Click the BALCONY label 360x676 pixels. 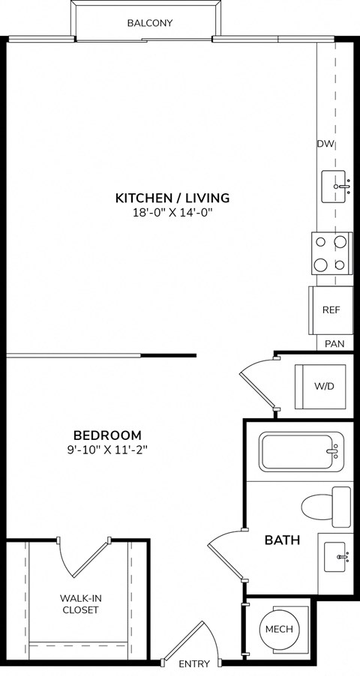149,23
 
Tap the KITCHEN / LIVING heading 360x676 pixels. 172,198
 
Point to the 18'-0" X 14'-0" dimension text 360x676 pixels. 172,212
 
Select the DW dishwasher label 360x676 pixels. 325,144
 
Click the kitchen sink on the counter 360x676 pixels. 335,186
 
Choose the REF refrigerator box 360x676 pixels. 331,310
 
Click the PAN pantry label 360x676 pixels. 334,344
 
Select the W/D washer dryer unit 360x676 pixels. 324,386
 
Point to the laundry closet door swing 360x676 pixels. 256,384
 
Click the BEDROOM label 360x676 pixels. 107,435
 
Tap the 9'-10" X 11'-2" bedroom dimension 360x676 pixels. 107,450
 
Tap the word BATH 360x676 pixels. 282,540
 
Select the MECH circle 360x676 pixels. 277,630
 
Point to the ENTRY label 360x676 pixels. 193,664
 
